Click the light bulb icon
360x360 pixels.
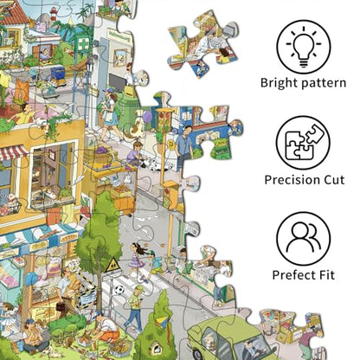[x=303, y=46]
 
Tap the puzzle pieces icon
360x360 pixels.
[x=303, y=143]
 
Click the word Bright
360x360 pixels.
[x=279, y=83]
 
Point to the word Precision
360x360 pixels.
[x=292, y=180]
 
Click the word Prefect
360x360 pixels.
[x=292, y=274]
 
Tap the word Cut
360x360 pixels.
[x=334, y=180]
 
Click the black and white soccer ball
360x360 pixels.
[x=119, y=289]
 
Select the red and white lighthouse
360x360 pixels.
[x=54, y=14]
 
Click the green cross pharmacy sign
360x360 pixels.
[x=81, y=44]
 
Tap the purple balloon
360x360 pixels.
[x=147, y=116]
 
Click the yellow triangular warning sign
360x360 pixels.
[x=112, y=266]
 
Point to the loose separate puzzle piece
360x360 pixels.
[x=203, y=43]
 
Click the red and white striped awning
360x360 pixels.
[x=13, y=152]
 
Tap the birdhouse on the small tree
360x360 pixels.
[x=156, y=348]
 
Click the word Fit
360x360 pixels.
[x=325, y=274]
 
